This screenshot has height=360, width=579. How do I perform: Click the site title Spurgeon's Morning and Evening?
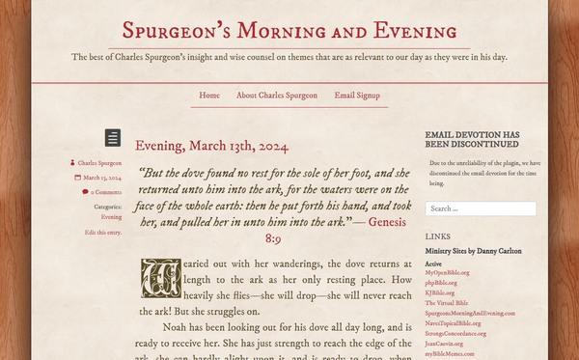coord(289,31)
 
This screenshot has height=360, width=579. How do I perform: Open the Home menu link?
coord(209,96)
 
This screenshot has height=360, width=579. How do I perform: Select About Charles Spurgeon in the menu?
coord(276,96)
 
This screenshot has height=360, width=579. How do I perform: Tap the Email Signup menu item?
coord(357,96)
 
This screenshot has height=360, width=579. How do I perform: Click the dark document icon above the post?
coord(113,137)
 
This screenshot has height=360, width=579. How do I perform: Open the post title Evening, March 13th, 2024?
coord(211,147)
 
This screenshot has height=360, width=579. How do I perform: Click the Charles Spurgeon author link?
coord(99,164)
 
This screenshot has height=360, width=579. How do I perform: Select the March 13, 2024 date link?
coord(101,179)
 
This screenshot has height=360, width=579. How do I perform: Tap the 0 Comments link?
coord(105,192)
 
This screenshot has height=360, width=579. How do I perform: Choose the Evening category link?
coord(111,217)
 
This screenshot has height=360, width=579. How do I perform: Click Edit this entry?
coord(103,233)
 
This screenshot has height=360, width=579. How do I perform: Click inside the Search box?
coord(481,208)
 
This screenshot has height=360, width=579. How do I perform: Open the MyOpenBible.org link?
coord(447,272)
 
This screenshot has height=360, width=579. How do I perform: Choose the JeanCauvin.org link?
coord(445,343)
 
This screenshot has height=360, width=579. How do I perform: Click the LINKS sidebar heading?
coord(437,235)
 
